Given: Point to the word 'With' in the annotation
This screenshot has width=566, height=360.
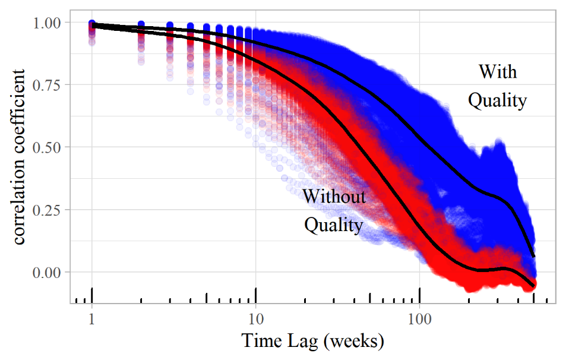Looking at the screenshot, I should point(498,72).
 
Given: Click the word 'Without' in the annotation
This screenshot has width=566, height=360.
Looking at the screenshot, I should point(334,196).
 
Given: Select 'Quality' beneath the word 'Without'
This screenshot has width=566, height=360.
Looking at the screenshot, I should point(333,225).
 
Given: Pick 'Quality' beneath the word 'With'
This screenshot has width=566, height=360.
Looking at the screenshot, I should point(497,100).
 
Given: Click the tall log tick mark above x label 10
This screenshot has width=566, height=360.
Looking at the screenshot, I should point(256,295).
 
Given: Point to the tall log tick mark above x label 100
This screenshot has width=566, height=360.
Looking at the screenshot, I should point(420,295).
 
